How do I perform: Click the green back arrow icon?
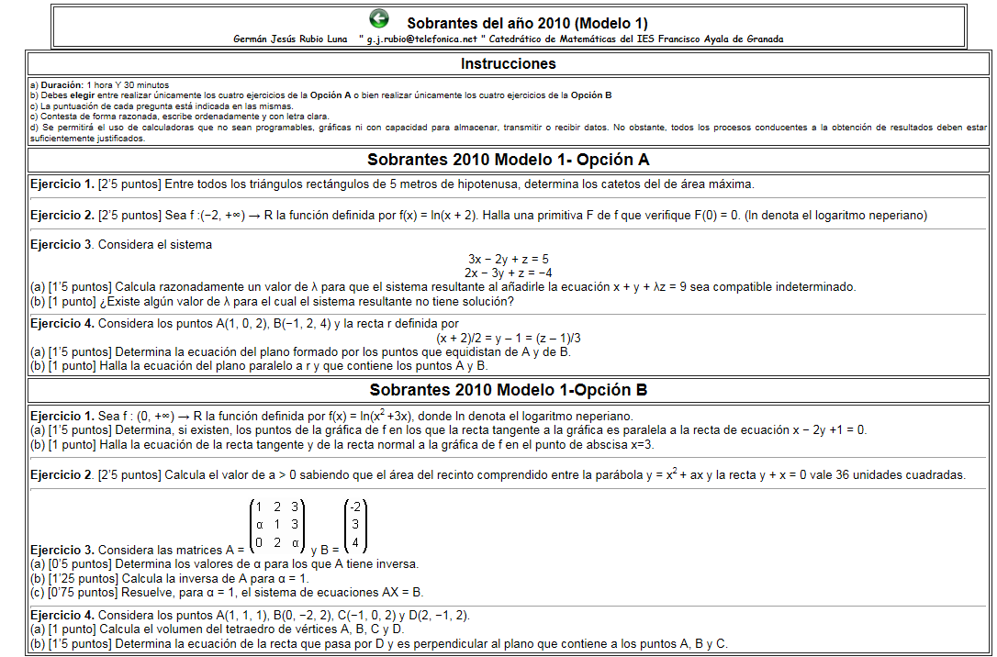coord(378,18)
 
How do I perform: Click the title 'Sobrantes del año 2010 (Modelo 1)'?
coord(527,22)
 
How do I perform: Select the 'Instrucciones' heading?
coord(508,64)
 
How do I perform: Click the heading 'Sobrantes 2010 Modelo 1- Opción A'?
coord(508,160)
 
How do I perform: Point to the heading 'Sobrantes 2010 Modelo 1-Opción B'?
coord(508,390)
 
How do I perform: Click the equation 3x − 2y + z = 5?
coord(508,260)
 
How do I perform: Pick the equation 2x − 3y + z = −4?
coord(508,273)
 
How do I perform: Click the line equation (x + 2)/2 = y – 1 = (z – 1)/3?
coord(508,338)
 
